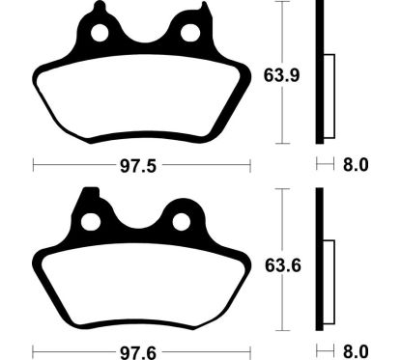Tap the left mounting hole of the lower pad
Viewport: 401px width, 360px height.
pyautogui.click(x=91, y=222)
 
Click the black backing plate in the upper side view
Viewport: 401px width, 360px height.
pyautogui.click(x=318, y=72)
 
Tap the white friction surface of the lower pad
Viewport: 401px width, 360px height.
pyautogui.click(x=140, y=285)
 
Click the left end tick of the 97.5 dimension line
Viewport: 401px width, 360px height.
pyautogui.click(x=33, y=166)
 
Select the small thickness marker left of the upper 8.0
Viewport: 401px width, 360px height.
pyautogui.click(x=322, y=165)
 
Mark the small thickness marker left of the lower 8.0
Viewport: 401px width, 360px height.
pyautogui.click(x=322, y=351)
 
